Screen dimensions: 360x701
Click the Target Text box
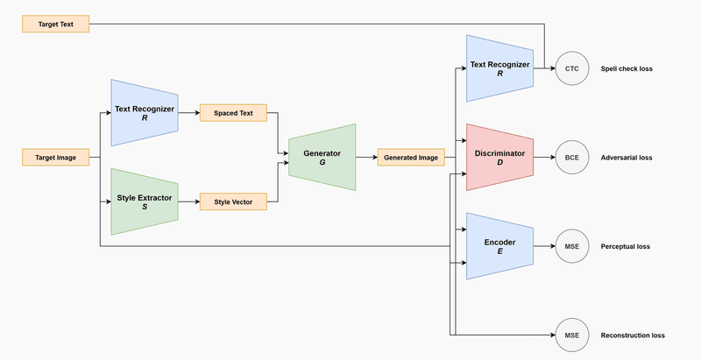point(54,24)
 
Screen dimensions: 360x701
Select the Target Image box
point(54,159)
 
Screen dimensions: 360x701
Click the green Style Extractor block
point(145,202)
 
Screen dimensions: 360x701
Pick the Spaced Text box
point(233,113)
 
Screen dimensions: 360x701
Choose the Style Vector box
point(233,202)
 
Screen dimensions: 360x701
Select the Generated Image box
point(411,158)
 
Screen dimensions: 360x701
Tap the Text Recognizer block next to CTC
point(499,68)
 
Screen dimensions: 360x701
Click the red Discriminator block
point(499,158)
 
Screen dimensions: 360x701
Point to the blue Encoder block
point(499,246)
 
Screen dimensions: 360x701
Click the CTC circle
point(572,68)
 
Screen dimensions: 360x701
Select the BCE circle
point(572,158)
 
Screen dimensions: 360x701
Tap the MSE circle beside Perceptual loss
point(572,246)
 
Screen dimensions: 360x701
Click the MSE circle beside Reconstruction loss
point(572,335)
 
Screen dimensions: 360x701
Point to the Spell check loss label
point(627,68)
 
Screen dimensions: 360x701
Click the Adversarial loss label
point(627,158)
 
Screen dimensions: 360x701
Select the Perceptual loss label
point(625,247)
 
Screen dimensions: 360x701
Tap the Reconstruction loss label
point(633,335)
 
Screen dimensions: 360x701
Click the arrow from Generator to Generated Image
point(366,158)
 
